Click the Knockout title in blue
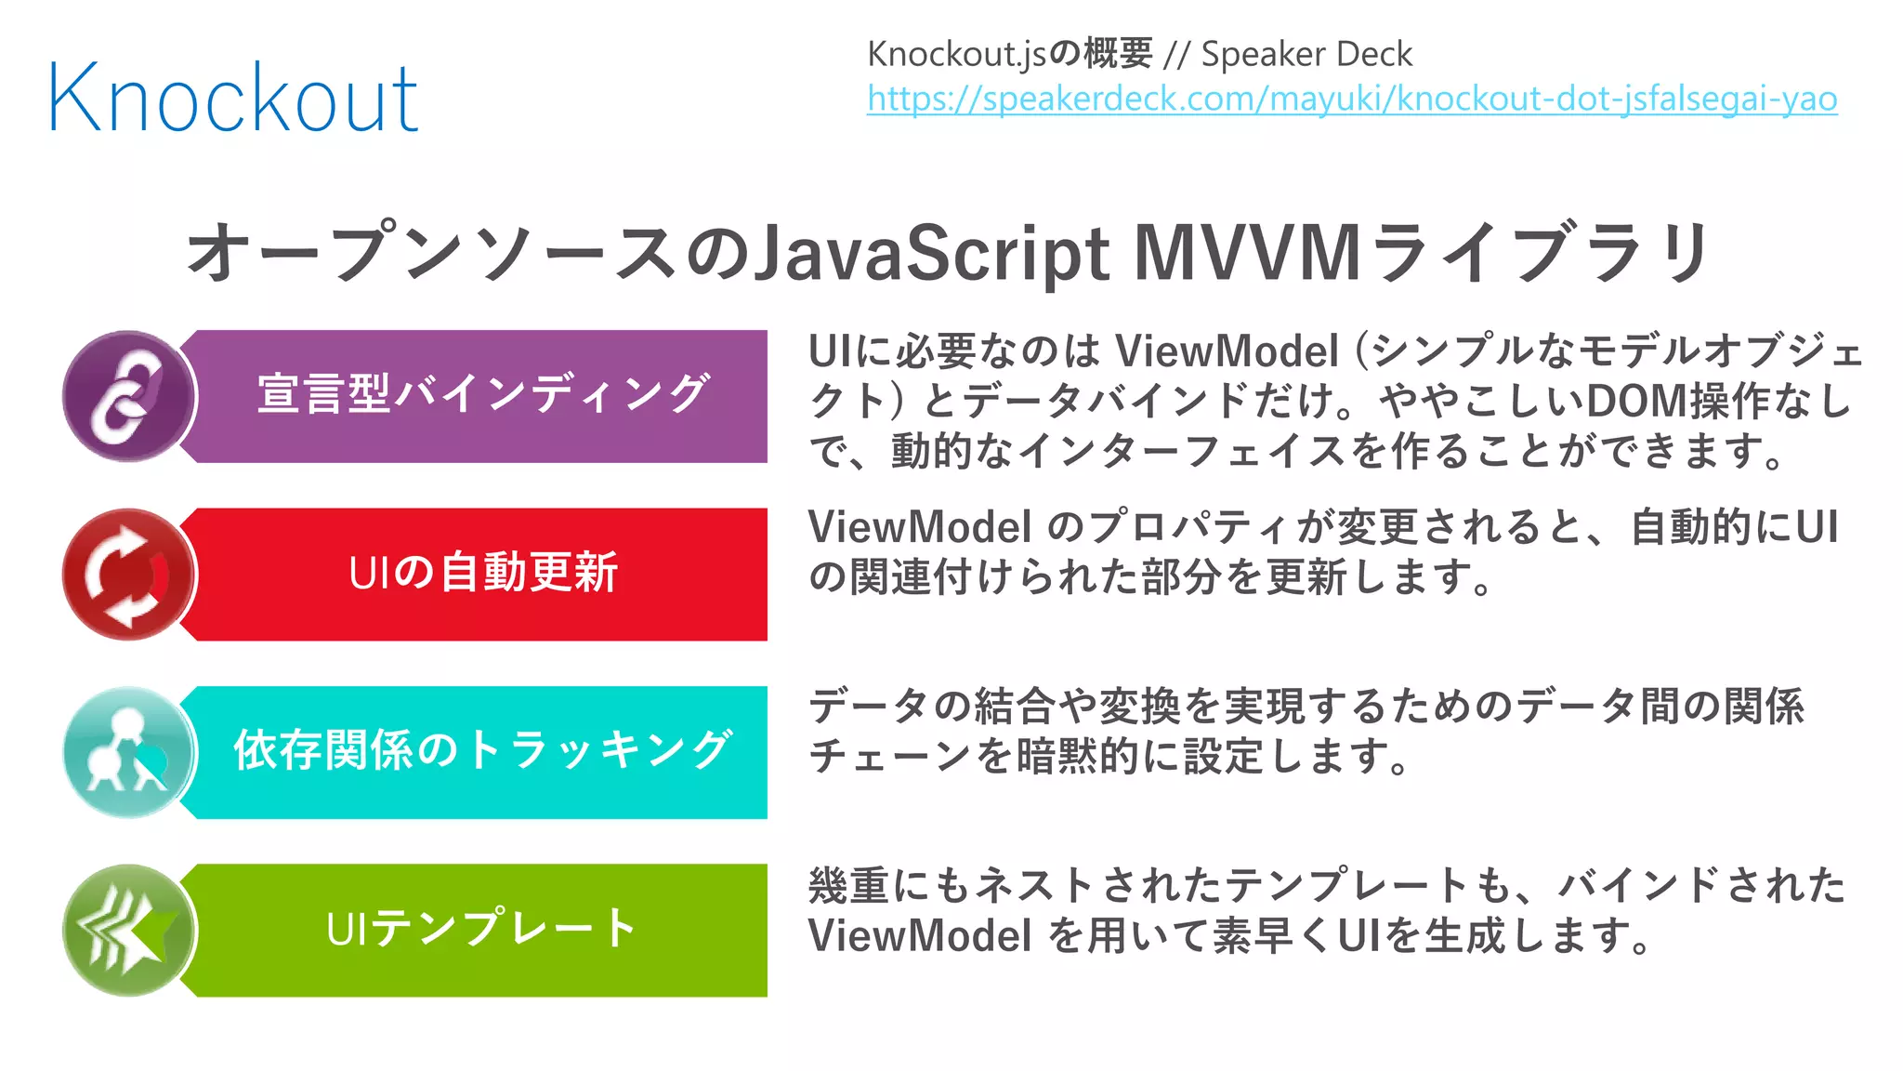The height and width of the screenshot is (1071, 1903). point(232,98)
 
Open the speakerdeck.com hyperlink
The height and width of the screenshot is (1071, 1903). point(1352,99)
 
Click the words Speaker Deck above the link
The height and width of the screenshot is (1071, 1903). point(1306,54)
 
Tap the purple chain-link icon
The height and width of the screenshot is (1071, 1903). point(128,396)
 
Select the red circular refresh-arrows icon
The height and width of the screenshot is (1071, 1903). point(128,575)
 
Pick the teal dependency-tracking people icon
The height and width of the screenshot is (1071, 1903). point(128,752)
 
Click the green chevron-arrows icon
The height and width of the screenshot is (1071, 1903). point(128,931)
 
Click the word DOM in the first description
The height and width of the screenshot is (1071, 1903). point(1636,401)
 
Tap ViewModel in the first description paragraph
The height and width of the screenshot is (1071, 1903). point(1227,351)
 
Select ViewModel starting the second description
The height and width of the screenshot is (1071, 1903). point(920,527)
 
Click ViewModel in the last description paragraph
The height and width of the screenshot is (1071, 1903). point(920,936)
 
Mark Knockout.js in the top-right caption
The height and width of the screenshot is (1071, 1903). point(957,54)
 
